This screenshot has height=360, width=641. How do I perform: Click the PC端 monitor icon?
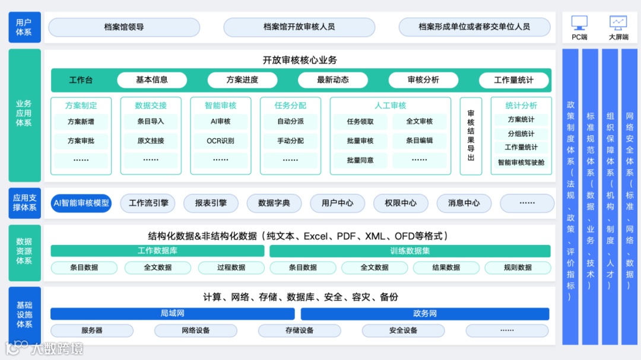(x=579, y=23)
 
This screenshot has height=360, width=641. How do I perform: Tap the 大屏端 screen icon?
(x=618, y=23)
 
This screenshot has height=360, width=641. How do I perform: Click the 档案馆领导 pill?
(x=124, y=27)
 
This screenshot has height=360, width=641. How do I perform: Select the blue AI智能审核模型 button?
(x=81, y=203)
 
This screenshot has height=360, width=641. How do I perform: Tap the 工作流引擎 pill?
(x=148, y=203)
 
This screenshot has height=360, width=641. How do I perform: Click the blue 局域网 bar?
(x=172, y=313)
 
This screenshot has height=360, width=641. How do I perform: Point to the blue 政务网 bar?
(x=425, y=313)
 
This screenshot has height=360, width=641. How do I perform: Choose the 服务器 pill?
(x=92, y=330)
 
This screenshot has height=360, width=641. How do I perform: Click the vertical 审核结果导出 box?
(x=471, y=136)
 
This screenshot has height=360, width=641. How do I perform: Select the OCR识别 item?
(x=221, y=141)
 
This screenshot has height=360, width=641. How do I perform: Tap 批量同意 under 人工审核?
(x=360, y=160)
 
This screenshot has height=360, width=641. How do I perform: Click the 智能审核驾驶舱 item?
(x=521, y=162)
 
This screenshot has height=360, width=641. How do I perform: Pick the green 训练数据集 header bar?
(x=410, y=251)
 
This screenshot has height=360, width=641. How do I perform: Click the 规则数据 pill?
(x=518, y=267)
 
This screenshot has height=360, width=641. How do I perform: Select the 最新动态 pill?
(x=332, y=80)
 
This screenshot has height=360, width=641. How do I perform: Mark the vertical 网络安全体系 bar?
(x=629, y=196)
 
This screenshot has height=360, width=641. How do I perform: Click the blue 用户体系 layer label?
(x=24, y=27)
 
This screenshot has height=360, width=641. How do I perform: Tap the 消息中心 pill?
(x=464, y=203)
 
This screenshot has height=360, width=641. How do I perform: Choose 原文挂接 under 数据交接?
(x=151, y=141)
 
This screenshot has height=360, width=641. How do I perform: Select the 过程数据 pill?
(x=231, y=267)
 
